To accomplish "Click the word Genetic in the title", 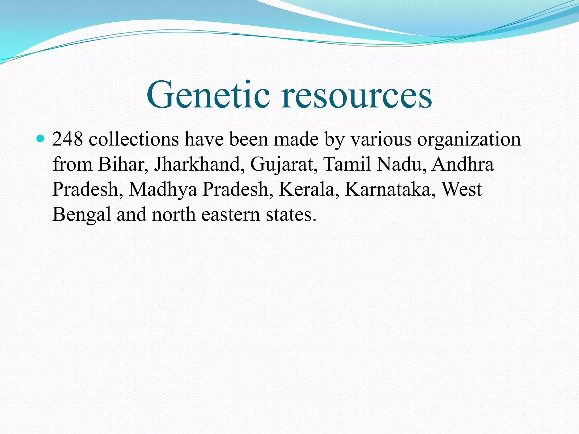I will tap(208, 95).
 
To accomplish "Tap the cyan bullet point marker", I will tap(41, 139).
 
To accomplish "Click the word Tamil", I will tap(347, 164).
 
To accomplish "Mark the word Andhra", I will tap(463, 164).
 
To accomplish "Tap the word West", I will tap(462, 189).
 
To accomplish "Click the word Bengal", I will tap(82, 214).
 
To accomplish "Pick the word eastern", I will tap(230, 214).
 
